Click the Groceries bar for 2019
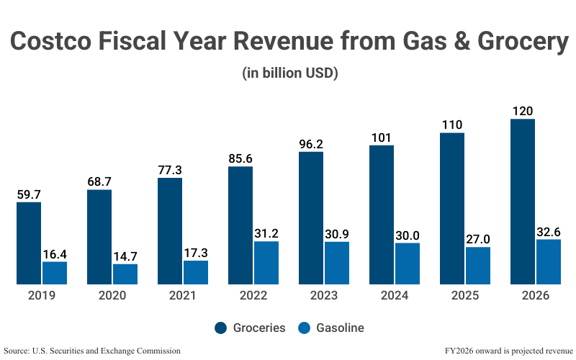click(29, 243)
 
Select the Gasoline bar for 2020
click(125, 274)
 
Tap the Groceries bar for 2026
click(523, 201)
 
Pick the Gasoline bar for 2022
click(266, 262)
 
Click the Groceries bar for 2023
click(311, 217)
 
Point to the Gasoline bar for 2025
click(478, 265)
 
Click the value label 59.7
click(29, 194)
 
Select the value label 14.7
click(125, 256)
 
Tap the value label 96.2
click(311, 144)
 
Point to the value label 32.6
click(549, 232)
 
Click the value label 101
click(382, 138)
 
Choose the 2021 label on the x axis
click(183, 296)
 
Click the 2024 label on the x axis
click(395, 296)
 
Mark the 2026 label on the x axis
click(536, 296)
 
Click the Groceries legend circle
click(221, 328)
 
